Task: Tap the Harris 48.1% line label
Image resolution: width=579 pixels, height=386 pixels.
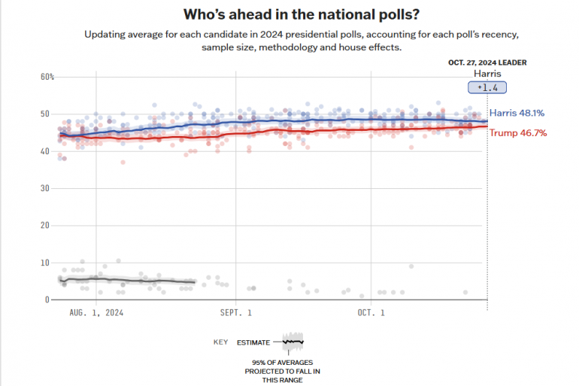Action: click(x=517, y=114)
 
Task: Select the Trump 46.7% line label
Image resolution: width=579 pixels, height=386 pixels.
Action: click(x=517, y=133)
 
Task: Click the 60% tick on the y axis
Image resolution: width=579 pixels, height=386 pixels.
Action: click(x=47, y=77)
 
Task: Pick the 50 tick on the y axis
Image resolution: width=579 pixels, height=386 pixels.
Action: click(x=44, y=114)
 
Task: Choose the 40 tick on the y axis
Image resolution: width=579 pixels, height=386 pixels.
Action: click(x=44, y=151)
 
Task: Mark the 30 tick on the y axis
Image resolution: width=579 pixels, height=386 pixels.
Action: click(x=44, y=188)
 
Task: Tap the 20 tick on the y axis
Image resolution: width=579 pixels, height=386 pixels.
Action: click(x=44, y=225)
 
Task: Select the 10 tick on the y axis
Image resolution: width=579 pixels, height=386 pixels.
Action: click(x=44, y=263)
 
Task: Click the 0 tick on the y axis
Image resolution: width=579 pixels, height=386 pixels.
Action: click(x=47, y=299)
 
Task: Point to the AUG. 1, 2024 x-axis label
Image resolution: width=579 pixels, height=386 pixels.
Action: click(x=97, y=312)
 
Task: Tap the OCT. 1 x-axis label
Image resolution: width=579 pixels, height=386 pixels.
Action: click(x=371, y=312)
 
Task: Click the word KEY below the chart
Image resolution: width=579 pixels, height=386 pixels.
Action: click(x=220, y=342)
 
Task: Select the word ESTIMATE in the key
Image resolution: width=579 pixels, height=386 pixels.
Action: click(x=253, y=342)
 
